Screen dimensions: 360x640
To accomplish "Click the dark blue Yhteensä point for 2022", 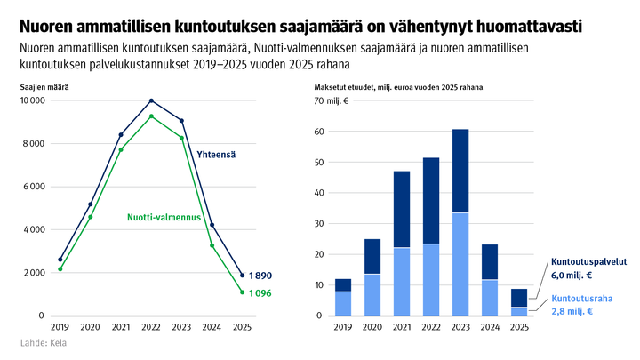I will click(151, 100).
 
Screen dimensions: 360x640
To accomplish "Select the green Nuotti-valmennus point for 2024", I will click(212, 245).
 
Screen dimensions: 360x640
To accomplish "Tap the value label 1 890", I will click(261, 276).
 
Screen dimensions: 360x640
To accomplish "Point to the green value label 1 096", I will click(261, 293).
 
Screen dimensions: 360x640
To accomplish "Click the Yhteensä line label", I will click(215, 156).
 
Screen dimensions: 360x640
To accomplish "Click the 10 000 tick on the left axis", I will click(32, 100).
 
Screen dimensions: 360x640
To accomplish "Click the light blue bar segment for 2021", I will click(402, 281).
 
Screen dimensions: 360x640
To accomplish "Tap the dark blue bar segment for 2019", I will click(343, 285).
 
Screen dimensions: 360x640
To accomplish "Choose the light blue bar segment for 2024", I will click(490, 297).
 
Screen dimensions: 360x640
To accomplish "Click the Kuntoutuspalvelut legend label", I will click(588, 263).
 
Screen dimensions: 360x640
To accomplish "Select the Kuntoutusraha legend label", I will click(582, 300).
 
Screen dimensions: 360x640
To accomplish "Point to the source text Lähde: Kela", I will click(44, 342).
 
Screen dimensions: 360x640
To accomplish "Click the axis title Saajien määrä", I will click(44, 87).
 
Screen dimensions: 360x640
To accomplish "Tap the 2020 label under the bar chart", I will click(372, 328).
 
